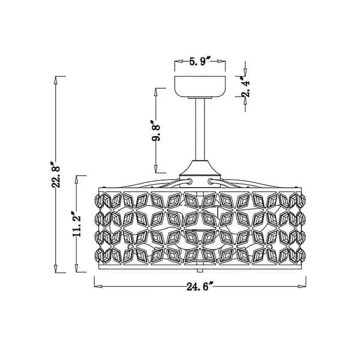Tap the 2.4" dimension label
245,86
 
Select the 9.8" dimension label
156,130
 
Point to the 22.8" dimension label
56,174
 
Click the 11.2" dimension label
77,223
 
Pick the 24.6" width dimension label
200,286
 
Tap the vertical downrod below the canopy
200,129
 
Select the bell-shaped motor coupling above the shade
200,168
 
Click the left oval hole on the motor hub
190,181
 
